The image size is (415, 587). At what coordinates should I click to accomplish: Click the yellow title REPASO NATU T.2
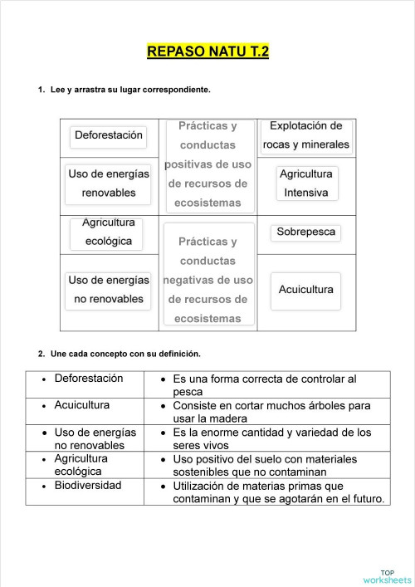tap(207, 51)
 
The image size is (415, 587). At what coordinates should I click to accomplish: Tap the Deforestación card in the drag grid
tap(109, 135)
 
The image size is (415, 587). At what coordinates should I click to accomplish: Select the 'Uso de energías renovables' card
tap(109, 183)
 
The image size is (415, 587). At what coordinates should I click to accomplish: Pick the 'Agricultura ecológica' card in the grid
tap(109, 233)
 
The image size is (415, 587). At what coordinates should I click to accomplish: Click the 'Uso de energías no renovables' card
tap(109, 290)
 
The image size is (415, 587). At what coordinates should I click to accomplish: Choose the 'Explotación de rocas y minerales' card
tap(306, 136)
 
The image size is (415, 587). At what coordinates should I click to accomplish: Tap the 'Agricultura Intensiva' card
tap(306, 183)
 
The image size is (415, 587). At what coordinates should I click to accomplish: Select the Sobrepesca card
tap(306, 232)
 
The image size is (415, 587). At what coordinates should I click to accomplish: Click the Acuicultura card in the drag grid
tap(306, 290)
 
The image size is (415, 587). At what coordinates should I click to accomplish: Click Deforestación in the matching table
tap(88, 379)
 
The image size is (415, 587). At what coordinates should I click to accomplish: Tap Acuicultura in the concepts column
tap(81, 405)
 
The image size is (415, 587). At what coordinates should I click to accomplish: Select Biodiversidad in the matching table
tap(87, 486)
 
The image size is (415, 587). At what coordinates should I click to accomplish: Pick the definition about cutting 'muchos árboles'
tap(271, 412)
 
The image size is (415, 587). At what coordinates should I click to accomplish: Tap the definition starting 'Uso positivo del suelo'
tap(265, 465)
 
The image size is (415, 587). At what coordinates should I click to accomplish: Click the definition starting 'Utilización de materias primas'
tap(278, 492)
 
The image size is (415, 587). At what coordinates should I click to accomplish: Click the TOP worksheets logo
tap(387, 576)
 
